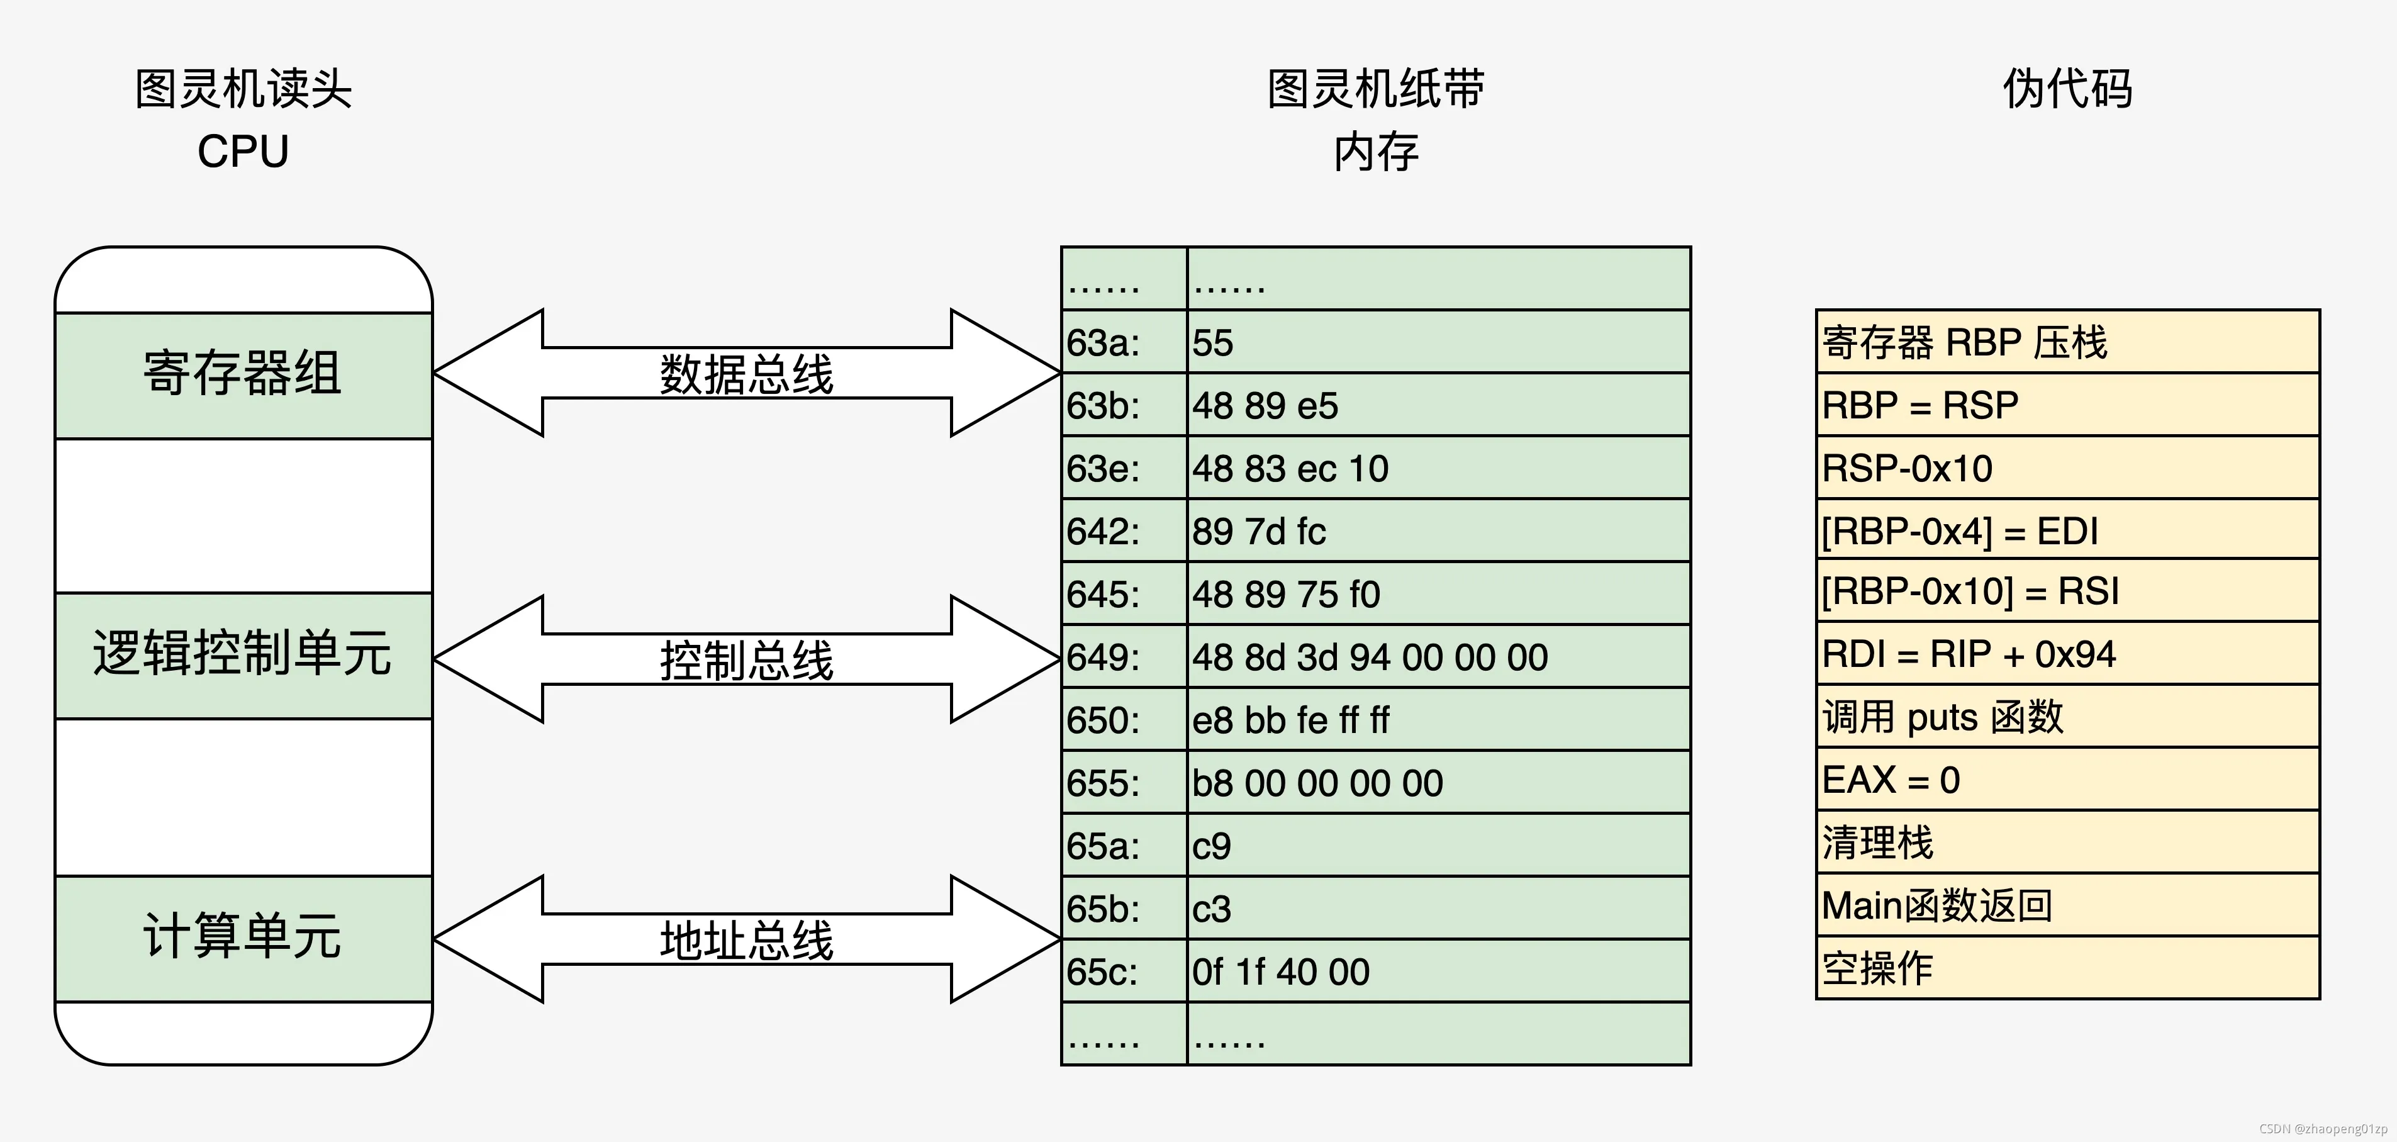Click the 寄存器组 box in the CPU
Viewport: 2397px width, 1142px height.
[243, 374]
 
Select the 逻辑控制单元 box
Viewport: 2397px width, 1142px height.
[243, 655]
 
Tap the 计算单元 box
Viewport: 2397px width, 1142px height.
[243, 938]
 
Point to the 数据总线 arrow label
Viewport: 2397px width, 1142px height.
[746, 374]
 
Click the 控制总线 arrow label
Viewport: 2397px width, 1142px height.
[746, 660]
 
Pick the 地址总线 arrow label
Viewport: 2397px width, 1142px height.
[746, 939]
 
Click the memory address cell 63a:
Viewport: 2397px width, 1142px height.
[1123, 342]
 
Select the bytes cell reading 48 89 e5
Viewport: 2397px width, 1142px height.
[1438, 405]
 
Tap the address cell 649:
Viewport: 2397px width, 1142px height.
[1123, 657]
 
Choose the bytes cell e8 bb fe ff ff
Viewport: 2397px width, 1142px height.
[1438, 719]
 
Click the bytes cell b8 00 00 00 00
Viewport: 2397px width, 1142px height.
[1438, 783]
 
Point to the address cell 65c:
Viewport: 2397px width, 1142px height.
[1123, 971]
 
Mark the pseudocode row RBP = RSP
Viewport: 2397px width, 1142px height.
[2067, 405]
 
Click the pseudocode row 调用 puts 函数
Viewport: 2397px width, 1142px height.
[2067, 717]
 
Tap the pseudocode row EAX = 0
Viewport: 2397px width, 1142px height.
[2067, 779]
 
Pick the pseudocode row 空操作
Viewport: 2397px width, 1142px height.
[2067, 968]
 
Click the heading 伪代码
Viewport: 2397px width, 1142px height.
[2067, 89]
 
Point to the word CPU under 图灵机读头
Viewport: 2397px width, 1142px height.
[243, 152]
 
